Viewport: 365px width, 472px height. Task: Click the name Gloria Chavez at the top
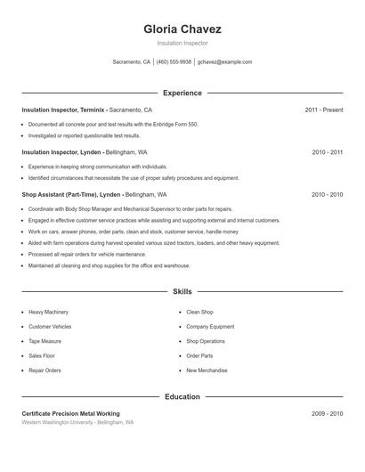[182, 29]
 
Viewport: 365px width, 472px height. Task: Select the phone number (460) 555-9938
[174, 62]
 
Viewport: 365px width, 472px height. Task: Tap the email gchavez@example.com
[224, 62]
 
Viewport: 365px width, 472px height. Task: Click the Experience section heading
[182, 93]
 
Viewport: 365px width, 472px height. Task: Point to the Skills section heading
[182, 291]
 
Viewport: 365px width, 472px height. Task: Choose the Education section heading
[182, 396]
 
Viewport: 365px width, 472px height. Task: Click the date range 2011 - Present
[323, 110]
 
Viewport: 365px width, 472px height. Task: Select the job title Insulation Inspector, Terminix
[63, 110]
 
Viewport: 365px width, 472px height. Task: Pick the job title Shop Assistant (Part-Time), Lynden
[71, 194]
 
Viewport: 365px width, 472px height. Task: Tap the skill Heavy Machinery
[48, 313]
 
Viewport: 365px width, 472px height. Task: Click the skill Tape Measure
[45, 341]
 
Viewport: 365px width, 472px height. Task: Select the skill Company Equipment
[210, 327]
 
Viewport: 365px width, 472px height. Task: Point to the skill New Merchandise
[207, 370]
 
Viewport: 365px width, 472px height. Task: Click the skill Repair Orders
[45, 370]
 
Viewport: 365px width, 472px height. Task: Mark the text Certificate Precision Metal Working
[70, 413]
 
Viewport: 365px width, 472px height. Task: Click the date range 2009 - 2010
[327, 413]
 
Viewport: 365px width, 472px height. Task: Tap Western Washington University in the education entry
[59, 422]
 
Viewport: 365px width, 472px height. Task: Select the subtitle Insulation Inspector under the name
[182, 43]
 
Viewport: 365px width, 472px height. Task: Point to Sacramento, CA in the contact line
[132, 62]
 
